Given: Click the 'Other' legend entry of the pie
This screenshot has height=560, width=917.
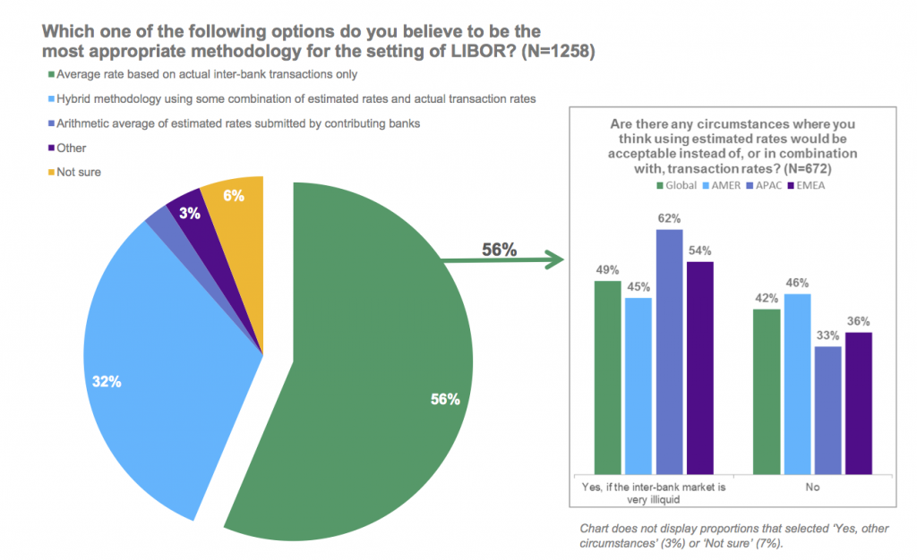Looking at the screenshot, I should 71,148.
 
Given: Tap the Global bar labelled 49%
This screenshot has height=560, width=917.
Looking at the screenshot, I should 608,376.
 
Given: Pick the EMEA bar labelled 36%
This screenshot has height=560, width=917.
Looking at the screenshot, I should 857,403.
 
